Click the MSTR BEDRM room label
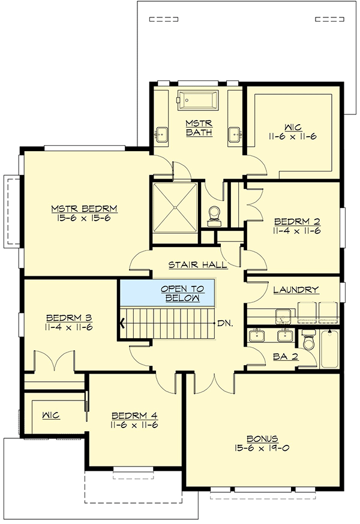[x=84, y=209]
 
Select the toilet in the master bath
[x=213, y=215]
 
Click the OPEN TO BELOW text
[x=182, y=293]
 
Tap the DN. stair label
[x=225, y=323]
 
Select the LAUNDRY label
[x=295, y=290]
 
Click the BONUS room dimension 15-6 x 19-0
[x=266, y=447]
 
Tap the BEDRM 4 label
[x=134, y=415]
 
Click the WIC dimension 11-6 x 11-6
[x=293, y=137]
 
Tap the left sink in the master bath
[x=162, y=133]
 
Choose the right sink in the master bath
[x=233, y=133]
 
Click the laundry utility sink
[x=281, y=315]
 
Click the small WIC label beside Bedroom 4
[x=50, y=415]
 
